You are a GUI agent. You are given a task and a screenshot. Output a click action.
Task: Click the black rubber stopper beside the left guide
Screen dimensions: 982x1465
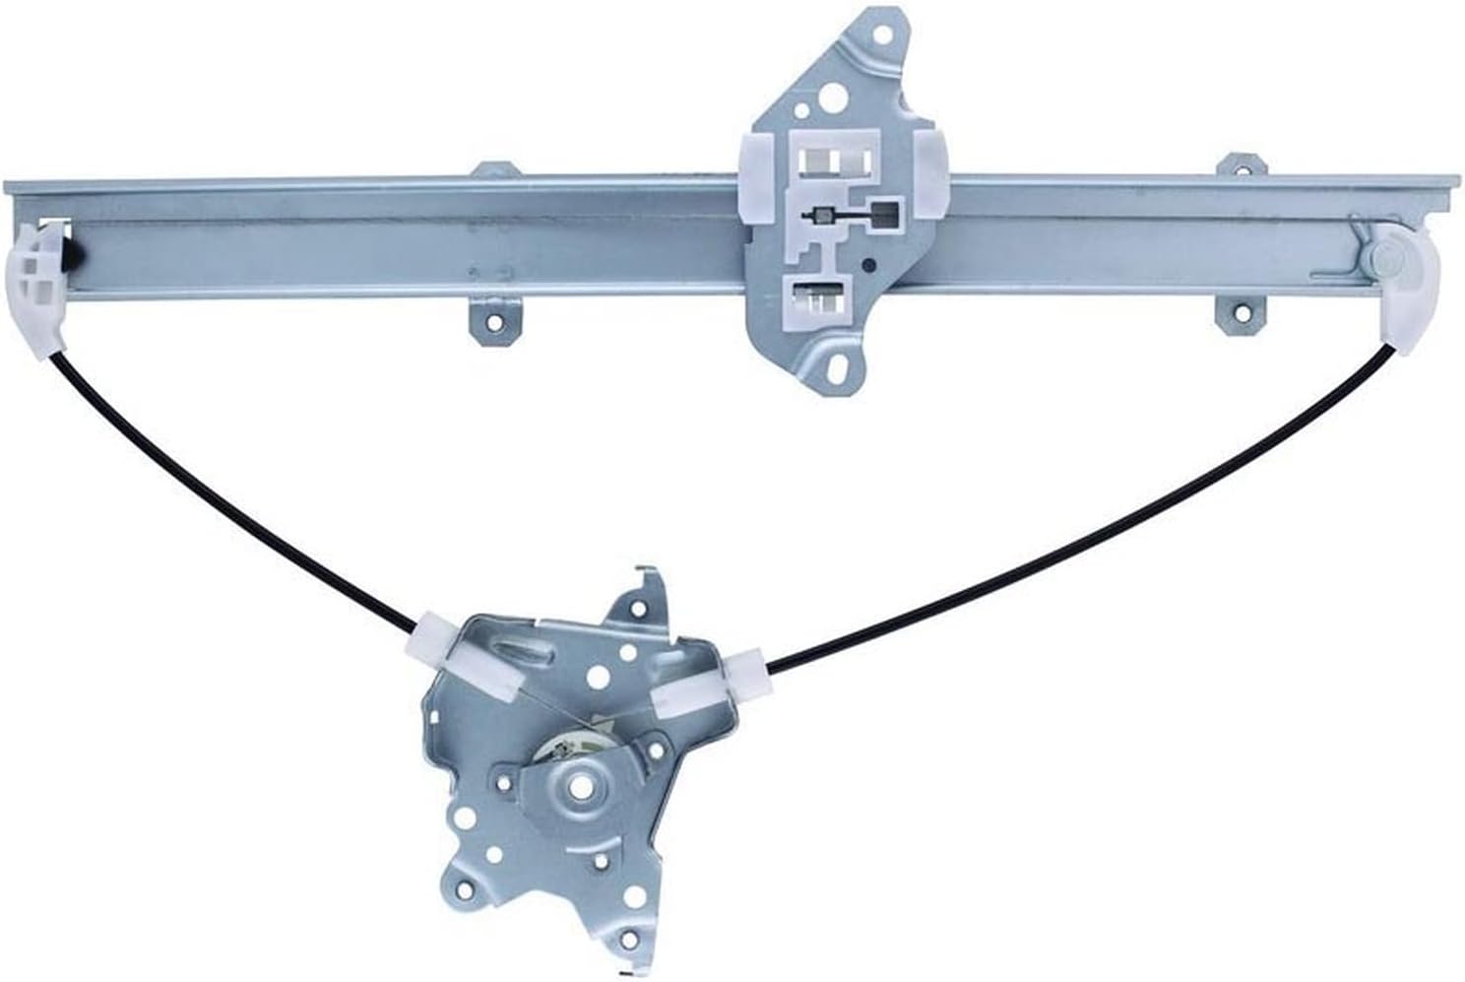[74, 254]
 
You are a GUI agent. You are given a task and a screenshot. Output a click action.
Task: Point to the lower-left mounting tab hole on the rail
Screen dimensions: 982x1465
[492, 321]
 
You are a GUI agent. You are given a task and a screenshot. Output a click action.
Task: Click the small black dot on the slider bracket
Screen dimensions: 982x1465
[868, 265]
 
